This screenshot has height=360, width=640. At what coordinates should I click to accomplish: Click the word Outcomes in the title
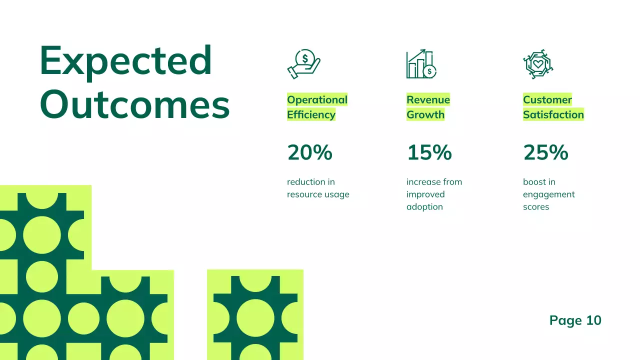(x=134, y=104)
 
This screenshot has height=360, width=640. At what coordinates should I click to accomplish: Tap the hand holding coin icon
(x=303, y=64)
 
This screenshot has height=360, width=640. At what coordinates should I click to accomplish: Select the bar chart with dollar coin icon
(x=421, y=64)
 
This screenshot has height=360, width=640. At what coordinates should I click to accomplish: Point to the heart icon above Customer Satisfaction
(x=538, y=64)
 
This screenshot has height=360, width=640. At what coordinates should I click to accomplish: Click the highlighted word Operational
(x=317, y=100)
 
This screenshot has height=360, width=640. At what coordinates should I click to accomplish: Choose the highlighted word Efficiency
(x=311, y=115)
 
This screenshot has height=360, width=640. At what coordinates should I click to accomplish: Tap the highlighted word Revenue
(x=428, y=100)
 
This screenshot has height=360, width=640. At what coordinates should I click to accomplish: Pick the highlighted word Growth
(x=425, y=115)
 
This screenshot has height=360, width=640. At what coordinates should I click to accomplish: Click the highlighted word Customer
(x=547, y=100)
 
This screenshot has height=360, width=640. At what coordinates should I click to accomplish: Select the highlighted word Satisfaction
(x=553, y=115)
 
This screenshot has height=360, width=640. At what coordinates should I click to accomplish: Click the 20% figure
(x=309, y=152)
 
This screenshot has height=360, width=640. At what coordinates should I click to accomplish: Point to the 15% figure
(x=429, y=152)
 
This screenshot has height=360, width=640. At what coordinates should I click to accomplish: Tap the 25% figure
(x=545, y=152)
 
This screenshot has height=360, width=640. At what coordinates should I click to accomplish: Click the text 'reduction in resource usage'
(x=318, y=188)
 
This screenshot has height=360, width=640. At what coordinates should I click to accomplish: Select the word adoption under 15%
(x=424, y=207)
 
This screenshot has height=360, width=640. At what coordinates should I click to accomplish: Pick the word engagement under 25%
(x=549, y=194)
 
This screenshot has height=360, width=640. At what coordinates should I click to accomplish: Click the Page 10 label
(x=575, y=320)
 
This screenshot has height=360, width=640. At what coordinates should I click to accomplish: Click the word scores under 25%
(x=536, y=207)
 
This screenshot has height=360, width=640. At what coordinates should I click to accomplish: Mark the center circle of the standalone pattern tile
(x=255, y=318)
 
